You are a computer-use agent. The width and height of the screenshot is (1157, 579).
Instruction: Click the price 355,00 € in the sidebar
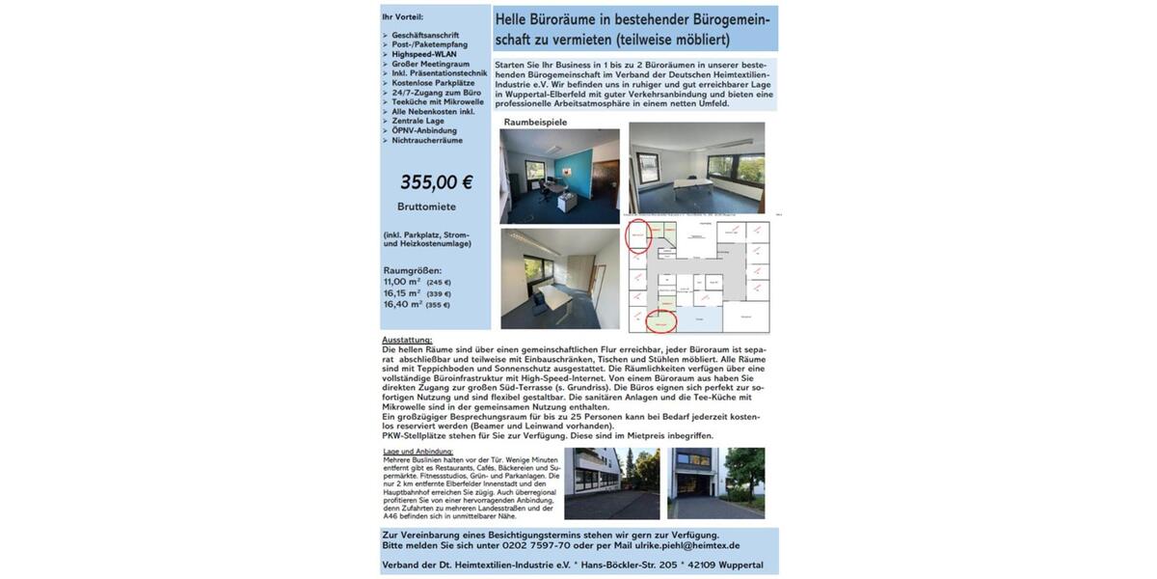(x=436, y=181)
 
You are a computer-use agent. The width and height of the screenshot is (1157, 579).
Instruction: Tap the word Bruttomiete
(x=426, y=207)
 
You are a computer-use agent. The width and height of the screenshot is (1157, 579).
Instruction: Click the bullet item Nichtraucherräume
(x=427, y=140)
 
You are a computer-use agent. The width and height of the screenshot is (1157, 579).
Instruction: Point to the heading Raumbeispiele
(x=535, y=123)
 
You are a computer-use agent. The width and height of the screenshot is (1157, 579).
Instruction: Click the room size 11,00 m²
(x=402, y=282)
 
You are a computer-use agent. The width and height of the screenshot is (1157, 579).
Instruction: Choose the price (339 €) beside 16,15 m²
(x=439, y=293)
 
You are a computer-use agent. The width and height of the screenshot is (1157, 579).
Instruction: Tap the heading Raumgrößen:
(x=413, y=270)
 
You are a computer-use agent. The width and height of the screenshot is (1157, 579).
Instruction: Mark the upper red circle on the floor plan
(x=639, y=236)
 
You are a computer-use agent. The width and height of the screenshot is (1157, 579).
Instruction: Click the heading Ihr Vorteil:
(x=402, y=17)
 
